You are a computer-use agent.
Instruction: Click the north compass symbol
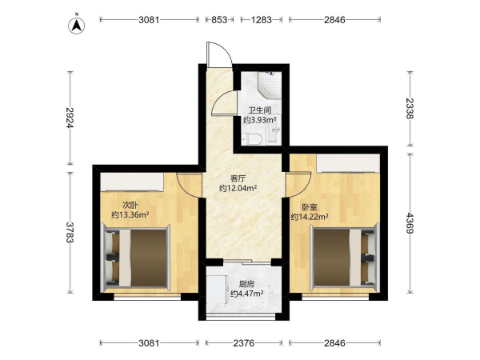tap(77, 25)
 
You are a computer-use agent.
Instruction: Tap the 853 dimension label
tap(219, 20)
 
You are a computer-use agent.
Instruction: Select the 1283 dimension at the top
tap(261, 20)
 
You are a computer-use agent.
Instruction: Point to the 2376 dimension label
tap(244, 343)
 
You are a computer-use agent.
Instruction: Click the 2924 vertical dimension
tap(70, 118)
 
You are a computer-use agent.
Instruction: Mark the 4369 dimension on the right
tap(410, 223)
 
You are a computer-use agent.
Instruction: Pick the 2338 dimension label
tap(410, 108)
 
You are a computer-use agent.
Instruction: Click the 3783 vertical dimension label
tap(70, 232)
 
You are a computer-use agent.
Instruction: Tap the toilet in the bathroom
tap(251, 139)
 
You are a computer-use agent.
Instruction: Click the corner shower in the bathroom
tap(270, 85)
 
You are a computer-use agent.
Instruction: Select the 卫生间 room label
tap(260, 110)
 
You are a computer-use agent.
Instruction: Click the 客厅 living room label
tap(238, 178)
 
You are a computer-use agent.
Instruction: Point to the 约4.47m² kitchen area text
tap(247, 294)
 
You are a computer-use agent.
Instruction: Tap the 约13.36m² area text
tap(130, 214)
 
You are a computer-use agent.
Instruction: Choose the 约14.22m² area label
tap(310, 217)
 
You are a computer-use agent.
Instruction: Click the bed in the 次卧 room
tap(136, 258)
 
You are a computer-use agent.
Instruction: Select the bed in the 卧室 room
tap(344, 256)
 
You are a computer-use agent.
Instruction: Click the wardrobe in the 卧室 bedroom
tap(348, 163)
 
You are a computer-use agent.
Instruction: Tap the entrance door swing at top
tap(219, 54)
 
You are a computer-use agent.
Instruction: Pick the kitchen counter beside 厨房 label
tap(216, 290)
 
